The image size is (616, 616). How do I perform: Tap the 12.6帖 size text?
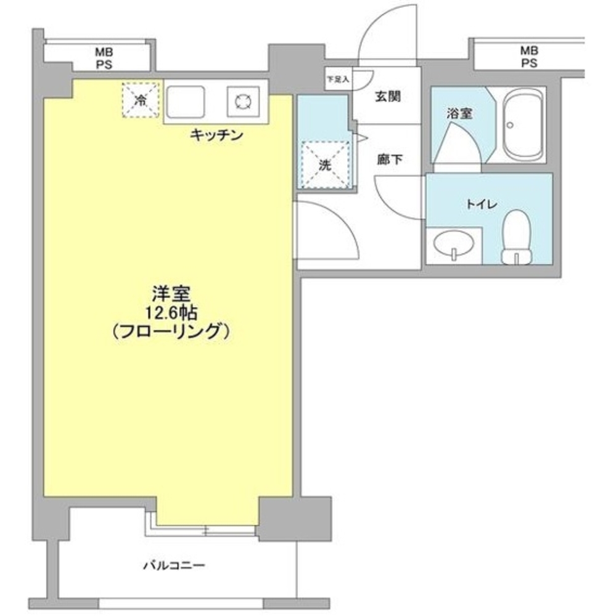(x=171, y=312)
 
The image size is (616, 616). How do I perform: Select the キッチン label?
(x=215, y=135)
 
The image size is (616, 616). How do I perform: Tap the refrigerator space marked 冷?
(x=141, y=99)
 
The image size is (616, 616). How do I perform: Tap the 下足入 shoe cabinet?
(x=338, y=79)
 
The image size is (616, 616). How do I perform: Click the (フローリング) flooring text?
(x=171, y=332)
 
